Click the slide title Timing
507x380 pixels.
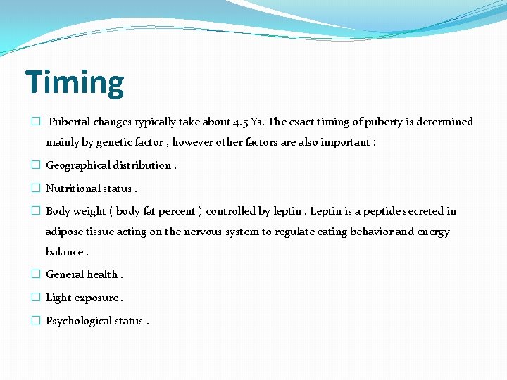pos(75,82)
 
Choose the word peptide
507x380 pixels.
pos(383,211)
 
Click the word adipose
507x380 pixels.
pos(65,232)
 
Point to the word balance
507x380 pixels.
pos(64,252)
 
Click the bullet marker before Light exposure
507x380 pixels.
pos(35,298)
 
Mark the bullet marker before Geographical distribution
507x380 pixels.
pos(35,165)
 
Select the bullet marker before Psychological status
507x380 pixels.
pos(35,321)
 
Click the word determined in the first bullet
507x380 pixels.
pos(445,122)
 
